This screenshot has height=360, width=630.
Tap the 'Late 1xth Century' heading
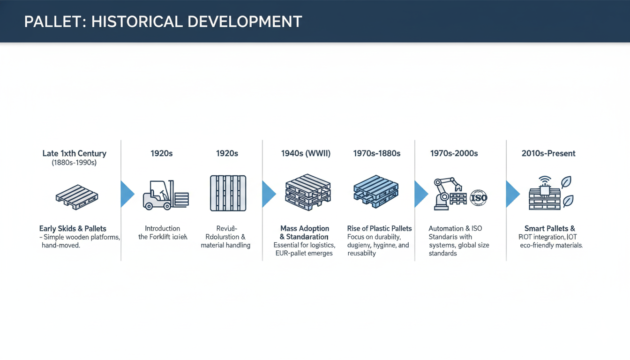74,153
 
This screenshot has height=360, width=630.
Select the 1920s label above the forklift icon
161,153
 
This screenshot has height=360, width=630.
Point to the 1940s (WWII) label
306,153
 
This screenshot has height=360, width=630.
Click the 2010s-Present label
548,153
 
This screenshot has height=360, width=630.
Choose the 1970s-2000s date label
454,153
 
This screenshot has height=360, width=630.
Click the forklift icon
165,194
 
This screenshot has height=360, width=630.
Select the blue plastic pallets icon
375,192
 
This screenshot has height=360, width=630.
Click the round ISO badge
478,197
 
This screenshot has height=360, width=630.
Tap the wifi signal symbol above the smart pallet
545,180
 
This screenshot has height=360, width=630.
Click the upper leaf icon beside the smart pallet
566,182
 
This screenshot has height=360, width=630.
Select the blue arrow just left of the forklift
127,194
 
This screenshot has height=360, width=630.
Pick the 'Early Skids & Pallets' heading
73,229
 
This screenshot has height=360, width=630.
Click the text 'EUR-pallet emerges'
305,253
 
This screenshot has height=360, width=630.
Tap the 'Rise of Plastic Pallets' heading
379,229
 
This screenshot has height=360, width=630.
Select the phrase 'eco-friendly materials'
551,245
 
